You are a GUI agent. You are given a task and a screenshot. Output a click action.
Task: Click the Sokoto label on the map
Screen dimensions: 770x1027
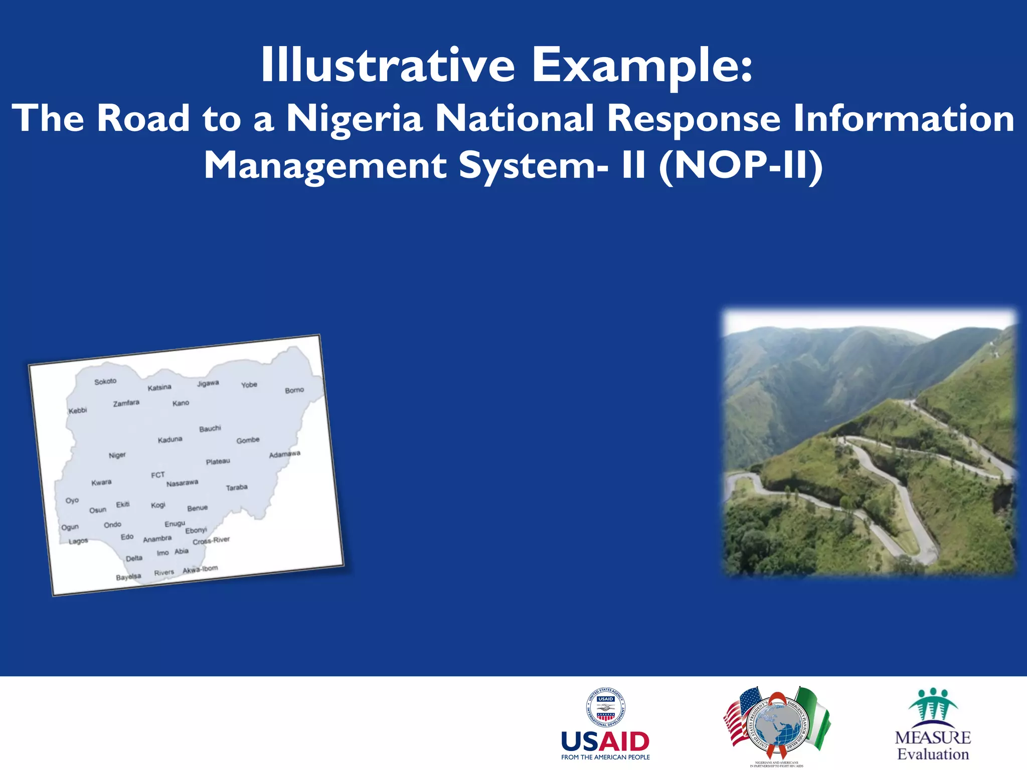pos(105,381)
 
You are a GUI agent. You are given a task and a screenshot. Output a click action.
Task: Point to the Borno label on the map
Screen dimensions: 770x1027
pos(294,390)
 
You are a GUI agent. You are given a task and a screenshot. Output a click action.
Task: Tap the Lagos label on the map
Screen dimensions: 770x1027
pos(78,541)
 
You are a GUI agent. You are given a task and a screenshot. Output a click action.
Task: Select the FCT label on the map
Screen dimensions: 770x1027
pos(158,475)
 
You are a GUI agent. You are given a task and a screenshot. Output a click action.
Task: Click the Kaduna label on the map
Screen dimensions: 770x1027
pos(170,440)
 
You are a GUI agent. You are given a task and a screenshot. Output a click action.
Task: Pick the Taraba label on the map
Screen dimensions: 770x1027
pos(237,487)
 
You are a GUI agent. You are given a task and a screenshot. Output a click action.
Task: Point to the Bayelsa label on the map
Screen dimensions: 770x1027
pos(128,577)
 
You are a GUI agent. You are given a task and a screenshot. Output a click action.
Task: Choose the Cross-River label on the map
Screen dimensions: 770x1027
pos(211,540)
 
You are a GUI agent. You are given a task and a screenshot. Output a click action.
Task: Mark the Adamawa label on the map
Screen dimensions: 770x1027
pos(284,454)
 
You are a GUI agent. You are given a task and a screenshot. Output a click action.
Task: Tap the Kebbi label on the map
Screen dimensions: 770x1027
pos(78,411)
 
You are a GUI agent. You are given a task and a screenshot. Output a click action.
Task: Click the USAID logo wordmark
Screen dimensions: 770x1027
pos(605,741)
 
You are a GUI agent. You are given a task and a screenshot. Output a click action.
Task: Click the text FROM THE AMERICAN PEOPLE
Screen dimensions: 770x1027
pos(605,757)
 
